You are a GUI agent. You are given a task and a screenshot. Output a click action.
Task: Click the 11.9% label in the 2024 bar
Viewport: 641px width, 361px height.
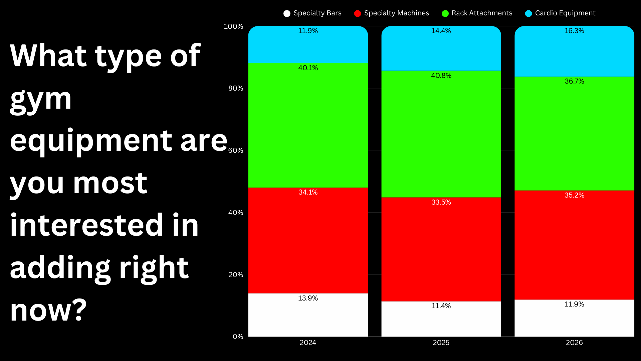308,31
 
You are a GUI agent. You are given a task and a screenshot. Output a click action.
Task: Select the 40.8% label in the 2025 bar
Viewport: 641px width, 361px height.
441,76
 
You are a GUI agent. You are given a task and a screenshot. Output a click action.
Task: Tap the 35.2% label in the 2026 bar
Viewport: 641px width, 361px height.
574,195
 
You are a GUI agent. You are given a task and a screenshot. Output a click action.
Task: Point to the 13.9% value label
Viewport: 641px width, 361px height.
308,298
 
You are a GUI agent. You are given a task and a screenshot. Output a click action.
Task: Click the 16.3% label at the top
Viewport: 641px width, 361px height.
574,31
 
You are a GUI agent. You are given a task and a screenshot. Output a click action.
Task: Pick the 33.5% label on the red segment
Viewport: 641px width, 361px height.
441,202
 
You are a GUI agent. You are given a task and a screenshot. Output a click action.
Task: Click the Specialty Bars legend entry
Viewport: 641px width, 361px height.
312,13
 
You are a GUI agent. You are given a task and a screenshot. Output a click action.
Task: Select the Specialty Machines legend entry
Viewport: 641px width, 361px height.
392,13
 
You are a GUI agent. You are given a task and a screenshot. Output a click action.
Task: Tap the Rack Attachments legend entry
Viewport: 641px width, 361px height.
477,13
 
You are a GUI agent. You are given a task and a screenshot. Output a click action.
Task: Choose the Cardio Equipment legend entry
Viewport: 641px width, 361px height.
561,13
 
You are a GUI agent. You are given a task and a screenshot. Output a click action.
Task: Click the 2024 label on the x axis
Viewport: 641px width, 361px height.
308,343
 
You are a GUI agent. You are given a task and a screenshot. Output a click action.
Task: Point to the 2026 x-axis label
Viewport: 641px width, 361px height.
574,343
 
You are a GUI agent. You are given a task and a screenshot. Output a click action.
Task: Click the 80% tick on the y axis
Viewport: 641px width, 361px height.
236,88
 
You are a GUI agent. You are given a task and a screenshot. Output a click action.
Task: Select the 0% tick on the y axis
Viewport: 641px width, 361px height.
238,337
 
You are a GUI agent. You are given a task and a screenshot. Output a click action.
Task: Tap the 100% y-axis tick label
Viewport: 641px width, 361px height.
233,26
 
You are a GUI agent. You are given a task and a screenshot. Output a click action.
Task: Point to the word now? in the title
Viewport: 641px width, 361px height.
48,310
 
